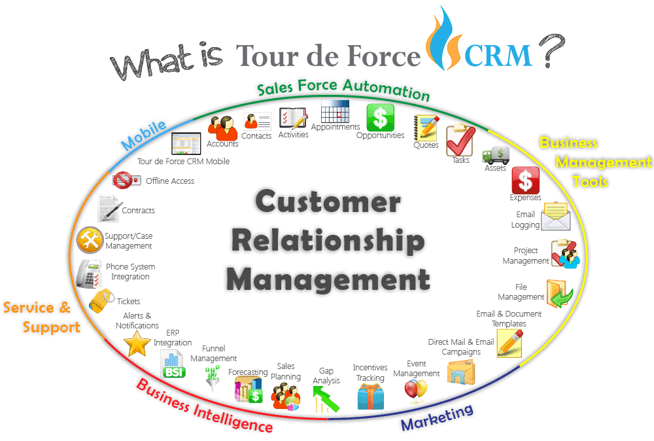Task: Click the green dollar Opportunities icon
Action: [x=380, y=118]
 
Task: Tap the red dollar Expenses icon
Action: [x=525, y=180]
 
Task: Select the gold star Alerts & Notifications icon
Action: [x=137, y=344]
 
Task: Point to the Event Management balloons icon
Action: [x=415, y=390]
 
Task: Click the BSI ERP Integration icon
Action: [x=174, y=364]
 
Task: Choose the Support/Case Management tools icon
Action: [x=90, y=240]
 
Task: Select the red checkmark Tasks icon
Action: [x=460, y=141]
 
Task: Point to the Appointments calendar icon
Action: [x=335, y=111]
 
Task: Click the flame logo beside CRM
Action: [x=445, y=39]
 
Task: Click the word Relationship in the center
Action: [x=328, y=241]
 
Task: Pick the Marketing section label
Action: [x=437, y=417]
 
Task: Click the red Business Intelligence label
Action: [x=204, y=406]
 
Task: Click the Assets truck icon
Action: [x=495, y=155]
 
